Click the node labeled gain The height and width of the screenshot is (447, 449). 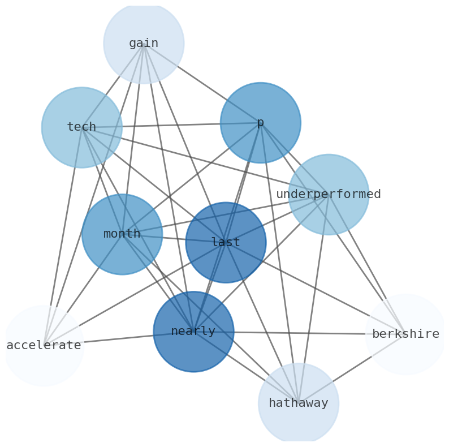click(x=144, y=43)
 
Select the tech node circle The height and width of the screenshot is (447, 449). click(x=82, y=127)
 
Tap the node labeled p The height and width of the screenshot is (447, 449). click(x=261, y=123)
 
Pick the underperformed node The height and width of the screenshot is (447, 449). click(x=329, y=195)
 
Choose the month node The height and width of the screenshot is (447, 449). click(x=122, y=234)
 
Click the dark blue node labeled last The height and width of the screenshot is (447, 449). click(x=226, y=243)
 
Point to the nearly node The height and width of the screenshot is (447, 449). click(x=193, y=332)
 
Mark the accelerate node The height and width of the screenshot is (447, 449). click(x=44, y=346)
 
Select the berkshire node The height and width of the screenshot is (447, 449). click(x=405, y=334)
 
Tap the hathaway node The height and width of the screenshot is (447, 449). click(x=299, y=403)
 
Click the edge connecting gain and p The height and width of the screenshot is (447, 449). click(x=202, y=83)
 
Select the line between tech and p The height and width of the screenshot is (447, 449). click(x=170, y=125)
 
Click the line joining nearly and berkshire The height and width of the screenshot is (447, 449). click(x=300, y=333)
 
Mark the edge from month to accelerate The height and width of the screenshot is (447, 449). click(x=85, y=287)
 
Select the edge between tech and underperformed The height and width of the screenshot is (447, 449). click(x=204, y=161)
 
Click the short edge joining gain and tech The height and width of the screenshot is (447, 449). click(x=113, y=85)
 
